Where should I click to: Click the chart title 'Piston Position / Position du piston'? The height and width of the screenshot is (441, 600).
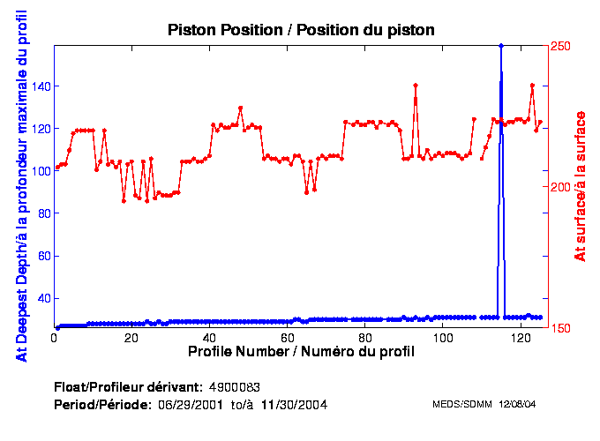click(x=301, y=30)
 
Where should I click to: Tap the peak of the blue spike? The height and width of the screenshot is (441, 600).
click(x=501, y=45)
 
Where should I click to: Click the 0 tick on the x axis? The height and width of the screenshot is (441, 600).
click(x=55, y=338)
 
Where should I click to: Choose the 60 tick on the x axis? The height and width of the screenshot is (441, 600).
click(x=288, y=338)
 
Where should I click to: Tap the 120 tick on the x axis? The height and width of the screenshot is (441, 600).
click(x=521, y=338)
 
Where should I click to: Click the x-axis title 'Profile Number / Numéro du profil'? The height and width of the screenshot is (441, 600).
click(x=301, y=352)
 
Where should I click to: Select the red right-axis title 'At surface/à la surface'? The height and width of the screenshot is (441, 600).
click(x=581, y=185)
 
